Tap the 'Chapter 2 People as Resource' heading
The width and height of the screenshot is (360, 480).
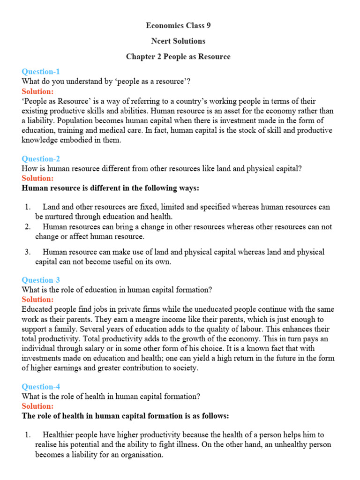click(178, 57)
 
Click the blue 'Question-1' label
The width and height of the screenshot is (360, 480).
click(41, 72)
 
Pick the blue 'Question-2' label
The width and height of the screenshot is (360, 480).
click(41, 159)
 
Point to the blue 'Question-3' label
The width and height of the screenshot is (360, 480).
click(41, 280)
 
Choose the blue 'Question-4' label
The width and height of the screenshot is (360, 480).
click(41, 387)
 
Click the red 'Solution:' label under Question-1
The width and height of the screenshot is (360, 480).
click(37, 91)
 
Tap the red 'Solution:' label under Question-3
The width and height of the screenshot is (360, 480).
click(37, 300)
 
